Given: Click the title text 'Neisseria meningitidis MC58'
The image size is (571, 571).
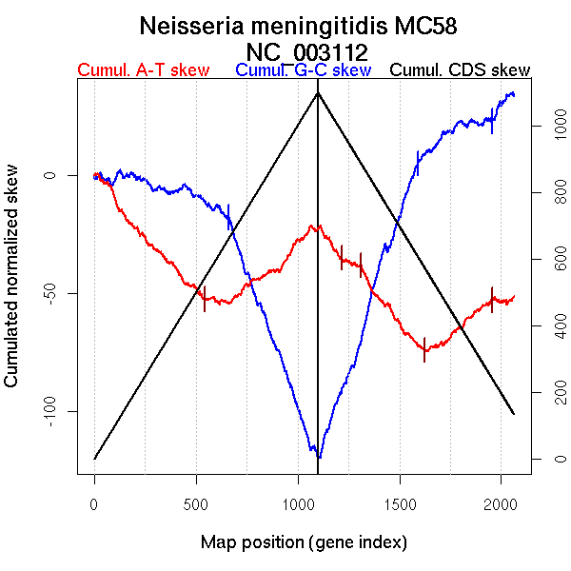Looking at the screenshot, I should click(305, 26).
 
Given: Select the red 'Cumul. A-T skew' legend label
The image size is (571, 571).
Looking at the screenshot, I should click(143, 71).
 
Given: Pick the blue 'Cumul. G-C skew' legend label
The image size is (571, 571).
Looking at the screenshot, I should click(303, 71).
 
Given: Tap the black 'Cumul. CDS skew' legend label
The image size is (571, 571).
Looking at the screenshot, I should click(461, 71).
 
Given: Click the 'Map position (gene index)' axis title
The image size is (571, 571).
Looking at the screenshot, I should click(304, 543).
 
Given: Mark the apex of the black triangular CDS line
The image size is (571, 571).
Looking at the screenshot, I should click(318, 92).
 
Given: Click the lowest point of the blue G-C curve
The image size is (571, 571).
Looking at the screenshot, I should click(319, 458).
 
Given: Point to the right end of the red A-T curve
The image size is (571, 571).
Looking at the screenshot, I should click(515, 296).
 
